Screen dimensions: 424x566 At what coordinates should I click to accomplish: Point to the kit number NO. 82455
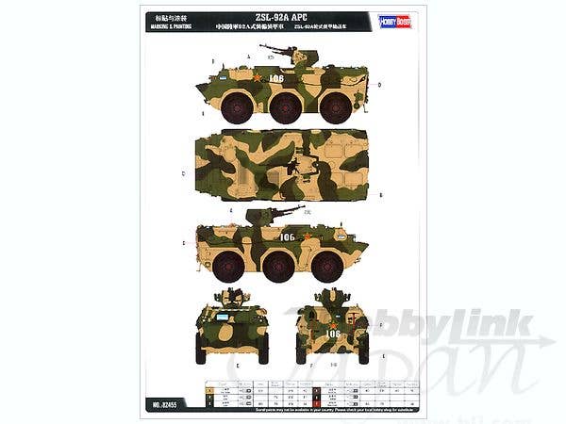click(161, 404)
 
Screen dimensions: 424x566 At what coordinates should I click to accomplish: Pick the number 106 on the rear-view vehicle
click(332, 333)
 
